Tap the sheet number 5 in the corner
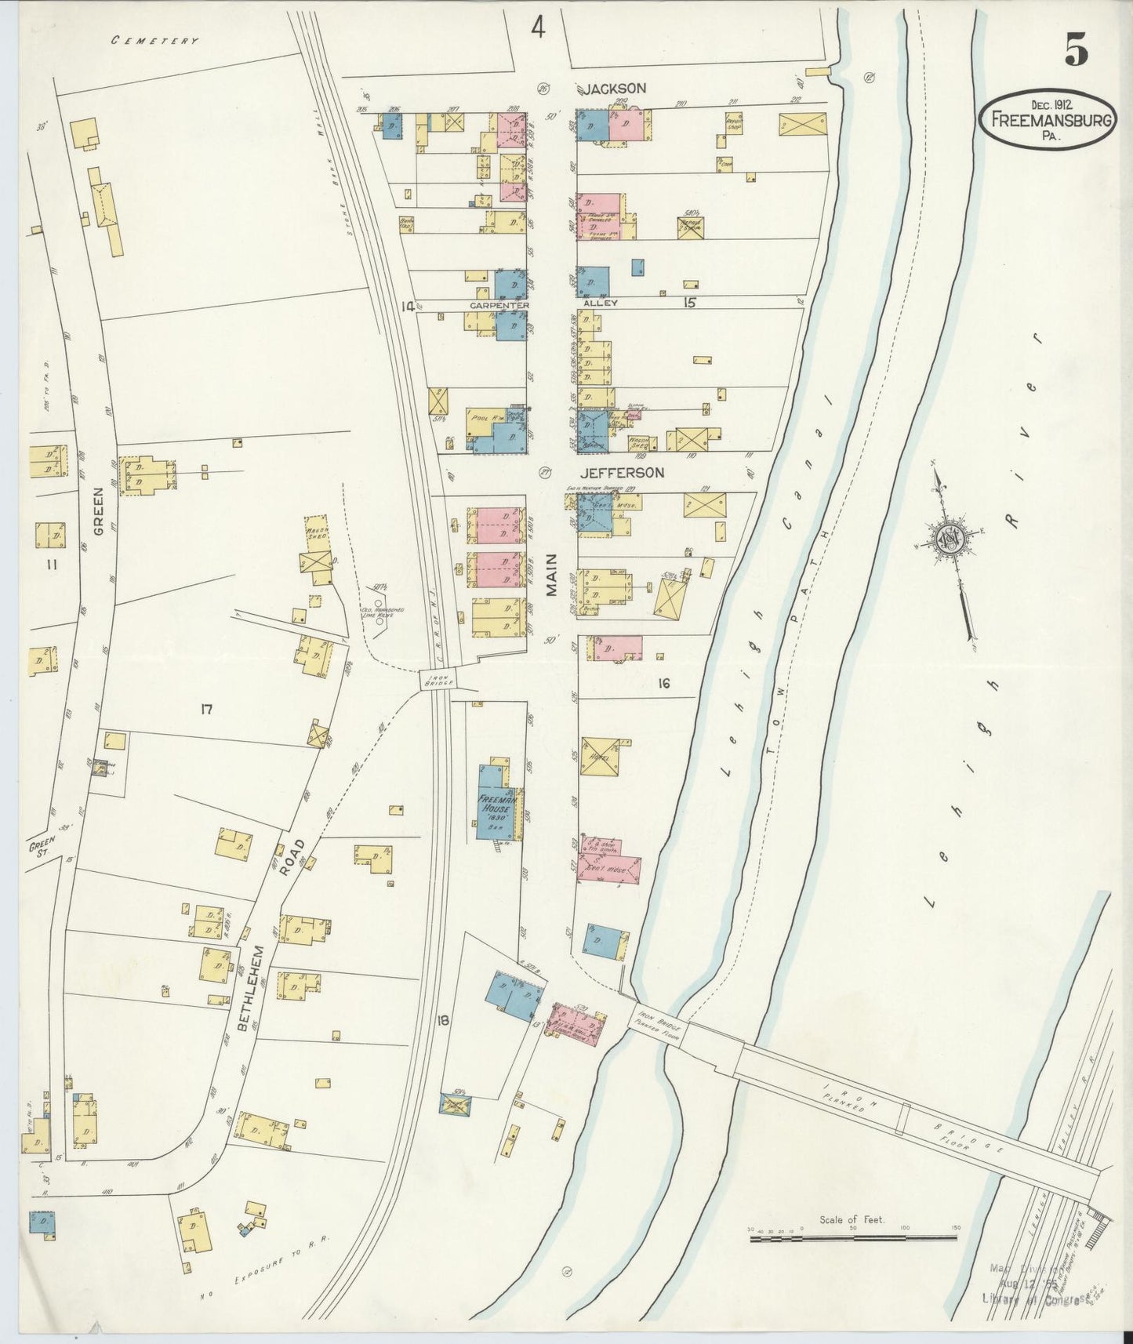[x=1076, y=52]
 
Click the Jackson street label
[x=614, y=88]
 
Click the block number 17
[x=206, y=710]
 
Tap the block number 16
[x=663, y=684]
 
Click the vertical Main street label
[x=551, y=576]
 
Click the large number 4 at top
[x=537, y=28]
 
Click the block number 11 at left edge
[x=51, y=562]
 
